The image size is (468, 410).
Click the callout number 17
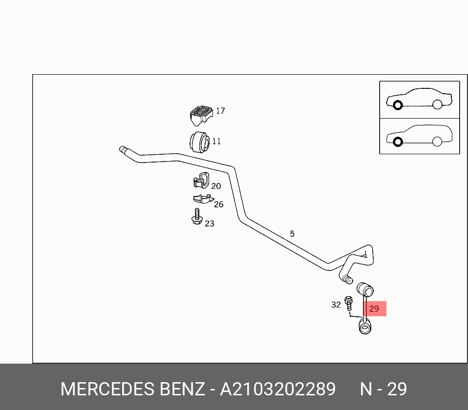(220, 111)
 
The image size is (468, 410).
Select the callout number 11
(216, 142)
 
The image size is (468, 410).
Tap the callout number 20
(216, 186)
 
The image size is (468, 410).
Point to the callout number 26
(219, 205)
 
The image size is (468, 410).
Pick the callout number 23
(210, 224)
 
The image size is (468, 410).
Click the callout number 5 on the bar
(292, 234)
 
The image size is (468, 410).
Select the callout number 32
(336, 305)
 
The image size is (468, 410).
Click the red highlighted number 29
(374, 308)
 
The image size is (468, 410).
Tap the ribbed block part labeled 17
(201, 115)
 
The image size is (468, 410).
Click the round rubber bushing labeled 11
(200, 142)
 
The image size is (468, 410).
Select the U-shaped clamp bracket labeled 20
(201, 181)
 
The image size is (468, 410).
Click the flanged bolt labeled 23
(197, 217)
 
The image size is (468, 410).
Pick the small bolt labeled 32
(348, 303)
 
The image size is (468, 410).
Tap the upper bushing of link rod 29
(365, 289)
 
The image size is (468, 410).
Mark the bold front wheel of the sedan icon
(398, 105)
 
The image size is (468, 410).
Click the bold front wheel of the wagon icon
(398, 142)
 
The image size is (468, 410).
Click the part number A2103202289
(278, 389)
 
